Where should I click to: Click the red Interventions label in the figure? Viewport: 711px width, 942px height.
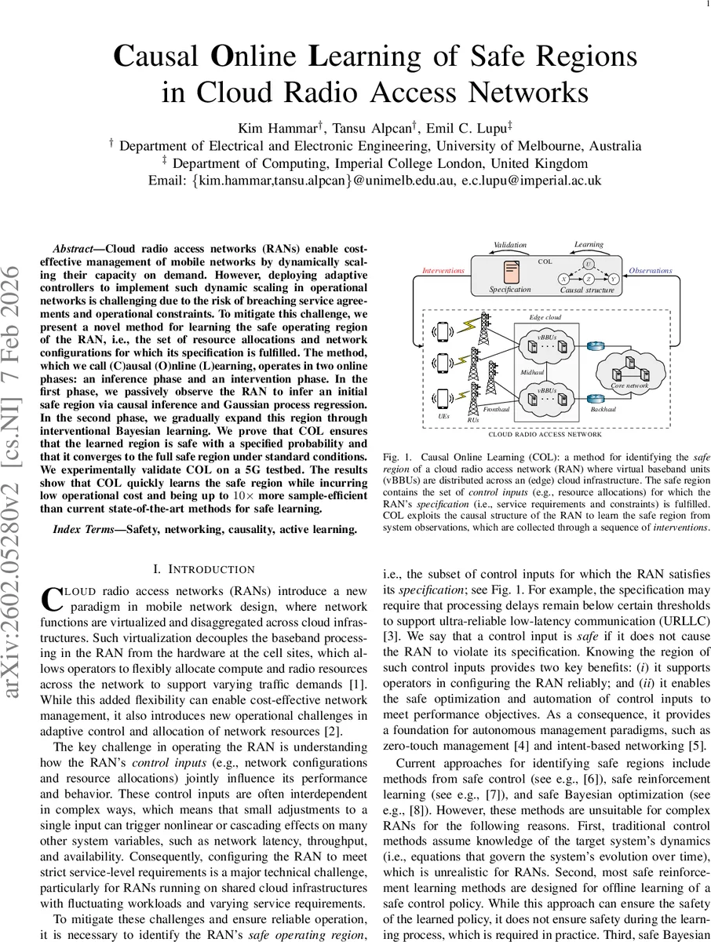click(443, 271)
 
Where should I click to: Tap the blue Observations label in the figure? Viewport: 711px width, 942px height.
click(650, 271)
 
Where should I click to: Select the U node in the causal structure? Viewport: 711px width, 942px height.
click(589, 265)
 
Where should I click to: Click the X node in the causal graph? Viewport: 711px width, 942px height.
click(563, 279)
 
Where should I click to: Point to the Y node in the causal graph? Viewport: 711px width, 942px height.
click(613, 279)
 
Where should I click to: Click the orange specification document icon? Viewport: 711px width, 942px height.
click(511, 272)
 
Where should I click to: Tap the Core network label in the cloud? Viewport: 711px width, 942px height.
click(629, 386)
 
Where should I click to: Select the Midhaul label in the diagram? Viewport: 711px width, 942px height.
click(532, 372)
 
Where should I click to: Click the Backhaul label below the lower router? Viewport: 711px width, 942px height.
click(602, 410)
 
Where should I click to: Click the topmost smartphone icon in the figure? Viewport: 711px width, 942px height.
click(443, 333)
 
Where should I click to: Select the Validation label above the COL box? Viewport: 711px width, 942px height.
click(510, 245)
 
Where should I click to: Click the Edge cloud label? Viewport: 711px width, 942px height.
click(545, 317)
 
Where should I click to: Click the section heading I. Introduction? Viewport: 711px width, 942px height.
click(203, 569)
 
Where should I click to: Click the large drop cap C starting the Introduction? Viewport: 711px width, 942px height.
click(50, 598)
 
